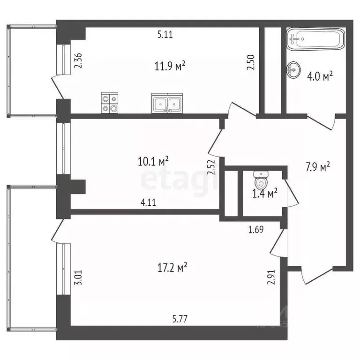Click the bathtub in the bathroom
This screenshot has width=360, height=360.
[315, 39]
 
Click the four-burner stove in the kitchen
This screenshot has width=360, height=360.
[110, 103]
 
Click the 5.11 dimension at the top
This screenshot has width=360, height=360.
[165, 34]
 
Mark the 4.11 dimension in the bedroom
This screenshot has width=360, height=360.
[148, 203]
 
